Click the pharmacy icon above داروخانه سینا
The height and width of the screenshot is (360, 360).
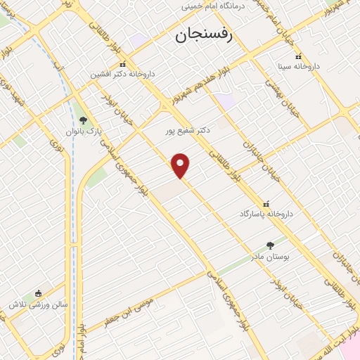298,57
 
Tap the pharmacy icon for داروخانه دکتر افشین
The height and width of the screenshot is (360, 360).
122,64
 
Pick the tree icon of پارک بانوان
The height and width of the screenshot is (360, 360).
84,120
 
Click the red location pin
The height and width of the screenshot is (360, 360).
181,165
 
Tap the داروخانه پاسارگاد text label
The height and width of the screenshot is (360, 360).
265,213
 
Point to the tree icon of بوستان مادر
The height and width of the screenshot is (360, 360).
271,246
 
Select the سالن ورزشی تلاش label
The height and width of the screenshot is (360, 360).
37,305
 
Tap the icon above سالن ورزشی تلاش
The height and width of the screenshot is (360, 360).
38,294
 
